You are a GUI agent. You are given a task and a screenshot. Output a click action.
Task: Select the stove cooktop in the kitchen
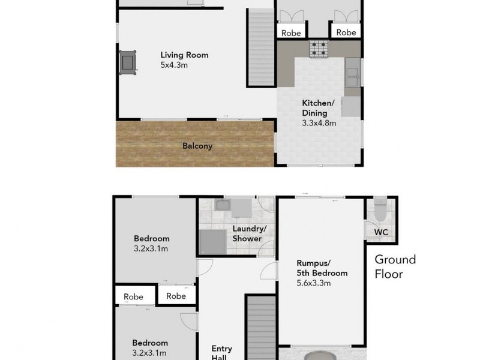[319, 49]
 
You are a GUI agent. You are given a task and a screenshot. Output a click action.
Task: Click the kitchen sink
[352, 74]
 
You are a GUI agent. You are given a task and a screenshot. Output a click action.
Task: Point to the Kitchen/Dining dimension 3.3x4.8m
[319, 123]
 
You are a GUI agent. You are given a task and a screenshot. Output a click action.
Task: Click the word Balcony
[197, 145]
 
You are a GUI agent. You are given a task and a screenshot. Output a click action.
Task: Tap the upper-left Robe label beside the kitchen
[291, 33]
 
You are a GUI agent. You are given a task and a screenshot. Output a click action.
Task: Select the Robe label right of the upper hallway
[346, 33]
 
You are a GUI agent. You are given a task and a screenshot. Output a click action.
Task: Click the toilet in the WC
[379, 209]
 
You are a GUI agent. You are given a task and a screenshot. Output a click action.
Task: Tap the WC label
[381, 232]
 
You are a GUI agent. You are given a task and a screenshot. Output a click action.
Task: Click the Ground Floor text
[395, 266]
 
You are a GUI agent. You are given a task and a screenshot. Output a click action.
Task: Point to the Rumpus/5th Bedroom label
[322, 268]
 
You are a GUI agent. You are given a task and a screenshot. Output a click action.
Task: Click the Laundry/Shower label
[247, 233]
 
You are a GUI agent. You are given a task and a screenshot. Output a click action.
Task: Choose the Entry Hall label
[221, 353]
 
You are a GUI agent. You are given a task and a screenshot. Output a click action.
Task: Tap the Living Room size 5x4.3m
[175, 65]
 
